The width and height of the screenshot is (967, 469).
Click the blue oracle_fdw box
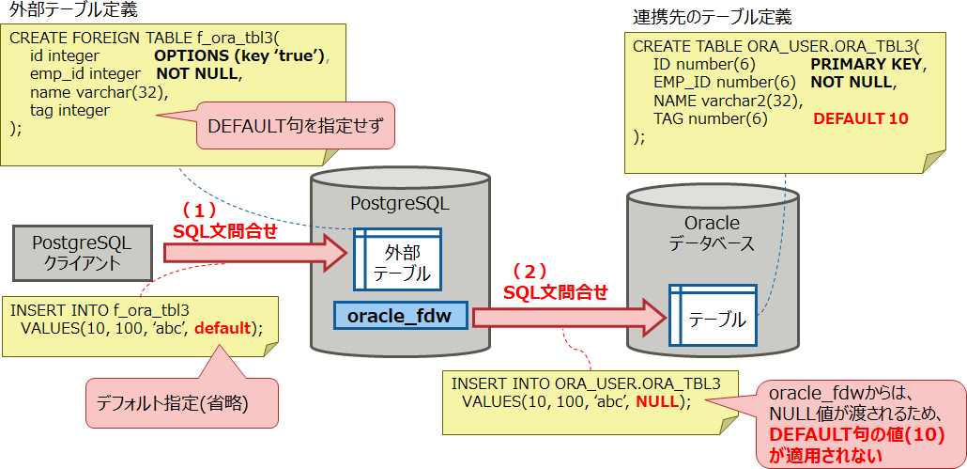coord(400,316)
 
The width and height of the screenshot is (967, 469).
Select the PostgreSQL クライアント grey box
coord(82,252)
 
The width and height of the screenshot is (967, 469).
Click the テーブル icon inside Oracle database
coord(713,318)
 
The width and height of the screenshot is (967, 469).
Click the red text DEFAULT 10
coord(860,119)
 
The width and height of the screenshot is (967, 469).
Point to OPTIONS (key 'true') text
coord(241,56)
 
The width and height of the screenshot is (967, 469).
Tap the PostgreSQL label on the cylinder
coord(399,203)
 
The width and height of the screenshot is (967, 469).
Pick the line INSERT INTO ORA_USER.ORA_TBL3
coord(586,383)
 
